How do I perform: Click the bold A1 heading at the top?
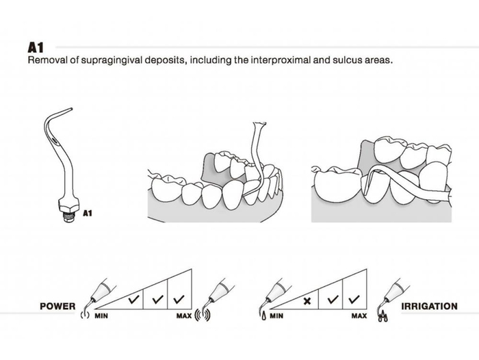click(36, 48)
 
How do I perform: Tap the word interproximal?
click(281, 60)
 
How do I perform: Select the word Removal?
click(47, 60)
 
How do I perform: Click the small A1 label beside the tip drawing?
click(87, 213)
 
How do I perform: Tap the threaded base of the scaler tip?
click(69, 212)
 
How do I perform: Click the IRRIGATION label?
click(428, 306)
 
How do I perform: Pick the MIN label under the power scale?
click(100, 316)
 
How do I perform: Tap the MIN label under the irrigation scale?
click(276, 316)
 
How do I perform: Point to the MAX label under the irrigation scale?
click(359, 316)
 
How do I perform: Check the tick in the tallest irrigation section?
click(354, 299)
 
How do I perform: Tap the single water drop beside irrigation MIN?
click(263, 316)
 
